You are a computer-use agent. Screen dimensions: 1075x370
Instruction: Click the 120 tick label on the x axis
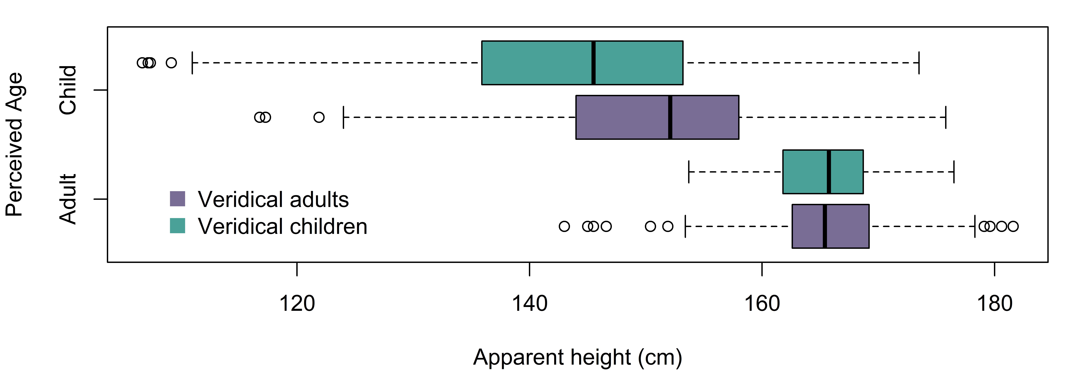click(x=297, y=304)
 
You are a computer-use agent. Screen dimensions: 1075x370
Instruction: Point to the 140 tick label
click(x=529, y=304)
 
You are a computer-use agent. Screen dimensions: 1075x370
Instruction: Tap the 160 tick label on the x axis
click(x=762, y=304)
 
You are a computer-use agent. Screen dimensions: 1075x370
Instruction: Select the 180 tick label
click(x=994, y=304)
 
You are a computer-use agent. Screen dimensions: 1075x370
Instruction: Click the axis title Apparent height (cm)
click(x=578, y=357)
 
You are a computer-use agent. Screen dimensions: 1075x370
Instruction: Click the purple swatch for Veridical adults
click(x=177, y=199)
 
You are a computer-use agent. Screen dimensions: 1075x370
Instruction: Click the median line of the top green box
click(x=593, y=63)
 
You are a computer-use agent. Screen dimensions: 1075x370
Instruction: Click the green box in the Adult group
click(x=823, y=172)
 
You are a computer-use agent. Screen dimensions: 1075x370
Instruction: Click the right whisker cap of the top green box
click(x=919, y=63)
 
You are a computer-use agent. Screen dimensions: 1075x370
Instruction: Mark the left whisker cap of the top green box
click(x=192, y=63)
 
